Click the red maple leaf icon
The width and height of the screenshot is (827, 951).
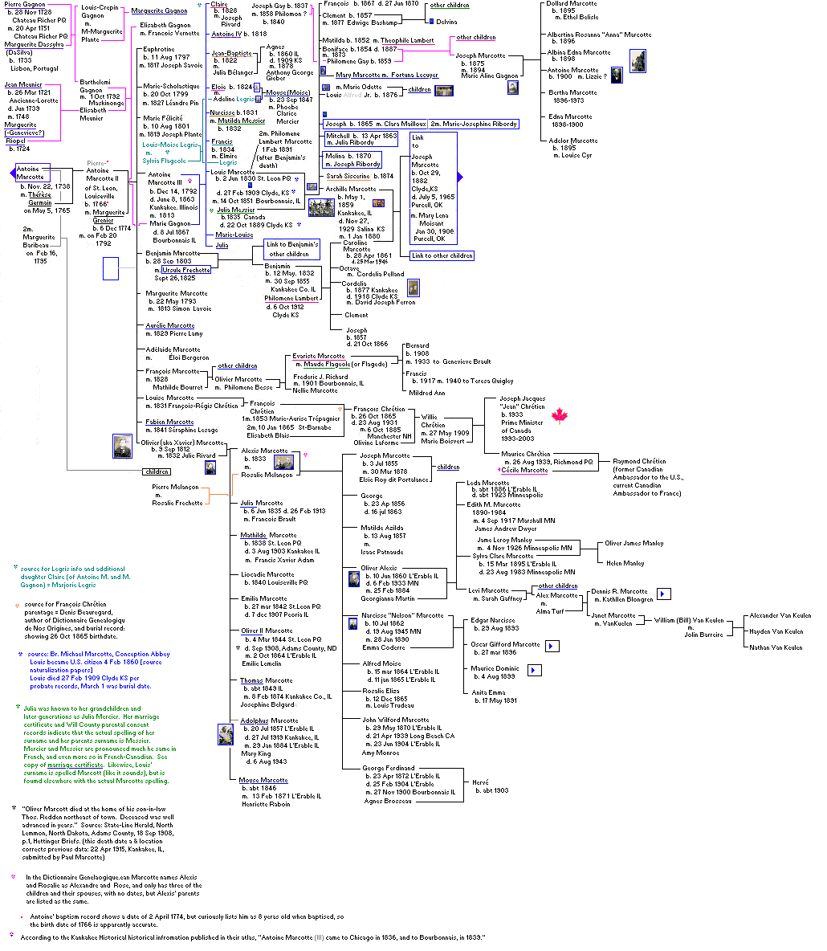point(560,415)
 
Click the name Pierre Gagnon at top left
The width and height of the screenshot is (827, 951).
point(24,5)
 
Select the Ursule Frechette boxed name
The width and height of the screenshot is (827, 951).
point(186,270)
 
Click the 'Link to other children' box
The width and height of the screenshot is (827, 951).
point(442,255)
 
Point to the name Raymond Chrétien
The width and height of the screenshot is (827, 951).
point(638,461)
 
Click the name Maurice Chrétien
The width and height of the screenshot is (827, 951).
point(523,455)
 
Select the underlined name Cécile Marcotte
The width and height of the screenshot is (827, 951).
point(524,470)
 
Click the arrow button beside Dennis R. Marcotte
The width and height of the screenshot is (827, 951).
point(664,594)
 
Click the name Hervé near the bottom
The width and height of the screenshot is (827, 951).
point(480,782)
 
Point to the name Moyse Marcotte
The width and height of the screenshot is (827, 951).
point(263,780)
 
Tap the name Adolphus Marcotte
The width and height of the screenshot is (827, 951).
point(269,720)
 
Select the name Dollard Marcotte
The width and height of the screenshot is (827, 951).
point(572,4)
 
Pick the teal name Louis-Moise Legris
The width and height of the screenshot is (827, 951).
point(169,145)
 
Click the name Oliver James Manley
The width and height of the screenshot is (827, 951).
point(634,543)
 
